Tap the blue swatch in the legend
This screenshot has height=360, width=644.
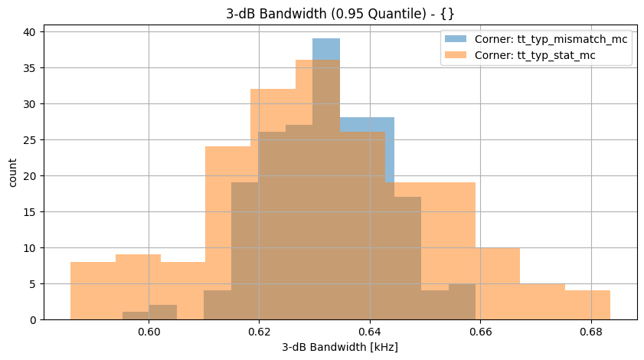click(456, 39)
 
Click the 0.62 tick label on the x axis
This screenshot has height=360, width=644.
click(259, 332)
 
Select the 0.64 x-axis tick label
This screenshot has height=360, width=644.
click(370, 332)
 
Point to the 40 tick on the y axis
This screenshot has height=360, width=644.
click(31, 32)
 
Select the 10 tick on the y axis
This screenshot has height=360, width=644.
click(31, 248)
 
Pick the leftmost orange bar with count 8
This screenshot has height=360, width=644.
click(93, 291)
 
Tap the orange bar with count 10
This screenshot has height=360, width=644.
click(498, 283)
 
